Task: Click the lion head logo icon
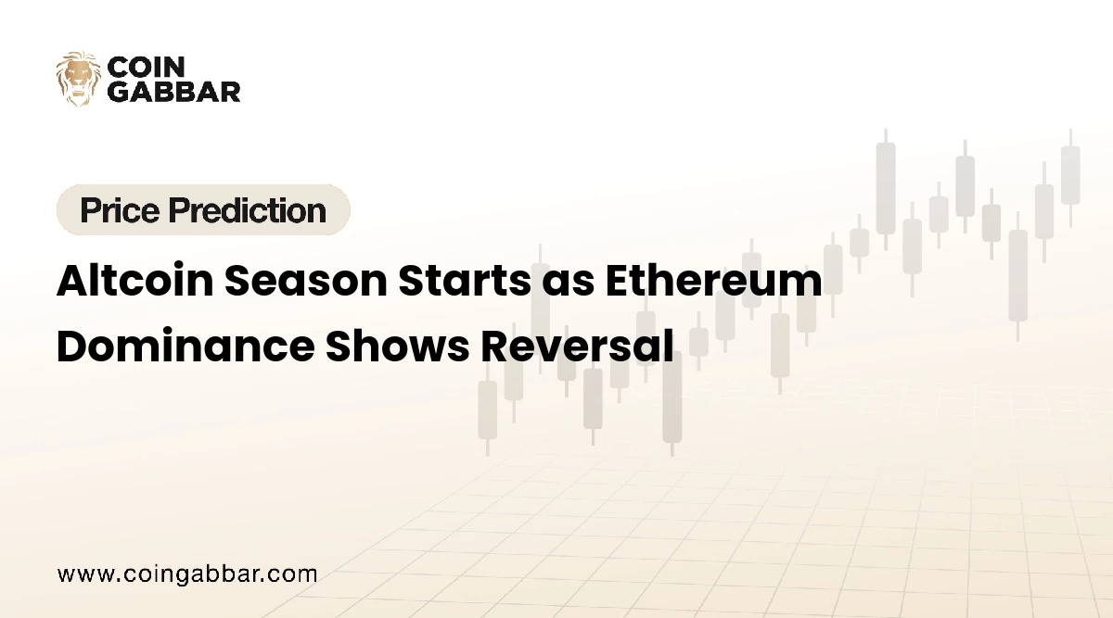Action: (x=79, y=79)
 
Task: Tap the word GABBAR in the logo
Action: (x=174, y=91)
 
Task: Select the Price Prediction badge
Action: (x=203, y=210)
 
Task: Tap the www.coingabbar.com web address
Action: (x=187, y=574)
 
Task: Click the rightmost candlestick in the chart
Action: (x=1070, y=175)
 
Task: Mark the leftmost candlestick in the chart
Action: (x=487, y=409)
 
